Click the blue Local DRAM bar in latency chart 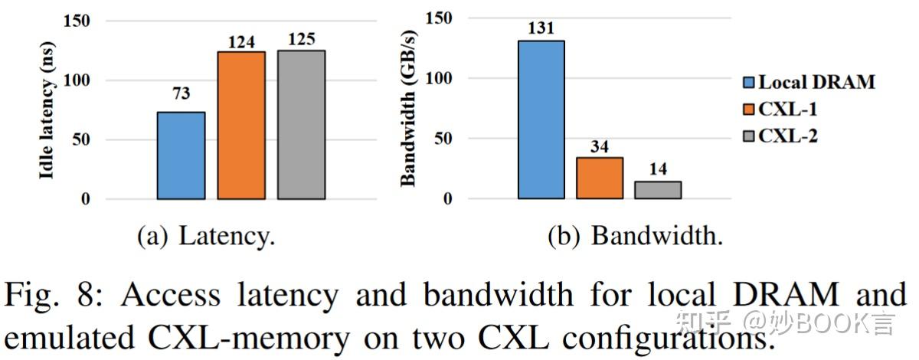pos(181,155)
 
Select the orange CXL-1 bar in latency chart pos(241,126)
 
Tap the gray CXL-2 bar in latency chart pos(301,125)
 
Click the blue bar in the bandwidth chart pos(541,119)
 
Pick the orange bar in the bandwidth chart pos(600,178)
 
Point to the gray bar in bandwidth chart pos(658,190)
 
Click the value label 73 pos(181,94)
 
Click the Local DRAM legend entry pos(808,83)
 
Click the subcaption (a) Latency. pos(206,237)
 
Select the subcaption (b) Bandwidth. pos(636,237)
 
